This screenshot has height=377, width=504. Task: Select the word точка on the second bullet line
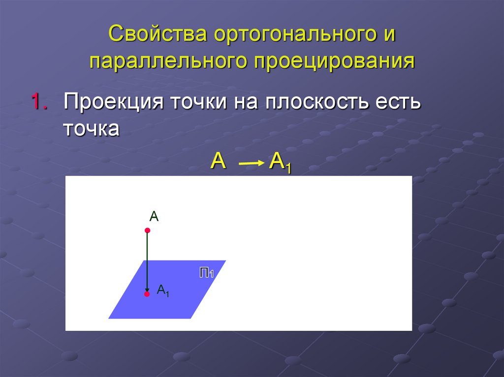pos(92,129)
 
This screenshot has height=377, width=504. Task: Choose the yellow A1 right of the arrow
pos(280,163)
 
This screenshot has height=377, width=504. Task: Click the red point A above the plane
pos(147,230)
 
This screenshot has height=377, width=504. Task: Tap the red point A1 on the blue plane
pos(147,294)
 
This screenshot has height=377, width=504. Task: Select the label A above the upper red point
pos(154,216)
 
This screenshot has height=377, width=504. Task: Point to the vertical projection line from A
pos(147,261)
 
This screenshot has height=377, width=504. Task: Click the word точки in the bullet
pos(198,104)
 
